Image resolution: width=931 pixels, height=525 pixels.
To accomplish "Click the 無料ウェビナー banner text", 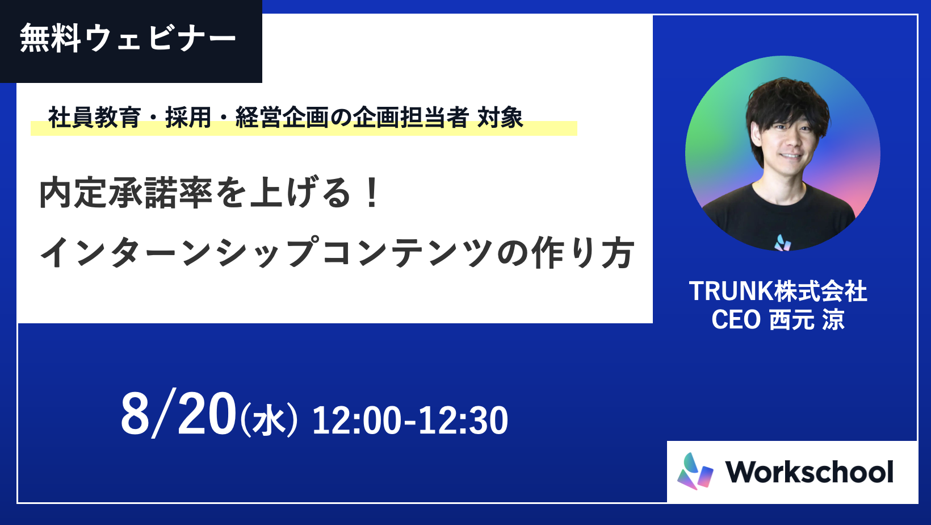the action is (128, 38).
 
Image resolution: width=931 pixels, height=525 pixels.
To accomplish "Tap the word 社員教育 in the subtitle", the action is (95, 117).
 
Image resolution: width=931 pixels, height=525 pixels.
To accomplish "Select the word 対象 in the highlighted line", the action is (500, 117).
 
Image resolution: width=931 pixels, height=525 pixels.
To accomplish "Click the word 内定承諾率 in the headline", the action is (125, 193).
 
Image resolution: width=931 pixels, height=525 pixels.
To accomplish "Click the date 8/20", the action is (178, 414).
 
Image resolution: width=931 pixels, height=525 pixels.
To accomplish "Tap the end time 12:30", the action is (463, 420).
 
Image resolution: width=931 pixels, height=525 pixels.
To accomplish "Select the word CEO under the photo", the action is (736, 319).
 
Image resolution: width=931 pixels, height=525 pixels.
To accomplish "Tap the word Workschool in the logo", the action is (809, 472).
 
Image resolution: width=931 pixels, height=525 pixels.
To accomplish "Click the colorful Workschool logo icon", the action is (695, 471).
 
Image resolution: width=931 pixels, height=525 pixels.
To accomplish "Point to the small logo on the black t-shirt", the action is (783, 243).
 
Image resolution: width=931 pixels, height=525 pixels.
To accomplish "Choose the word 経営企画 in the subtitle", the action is (282, 117).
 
